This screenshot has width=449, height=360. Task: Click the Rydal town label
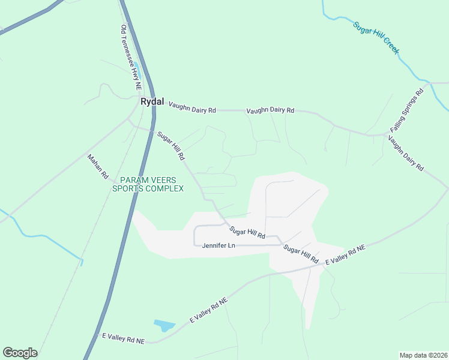coord(152,101)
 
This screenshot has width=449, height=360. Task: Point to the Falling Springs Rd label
coord(407,112)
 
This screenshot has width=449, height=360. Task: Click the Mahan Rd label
coord(97,167)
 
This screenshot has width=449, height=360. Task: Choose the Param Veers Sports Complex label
coord(148,184)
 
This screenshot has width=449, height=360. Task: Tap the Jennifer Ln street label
coord(217,245)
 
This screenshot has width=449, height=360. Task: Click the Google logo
coord(20,353)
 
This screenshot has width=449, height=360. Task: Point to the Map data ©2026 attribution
coord(423,355)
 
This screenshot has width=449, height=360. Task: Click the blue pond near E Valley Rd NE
coord(163,325)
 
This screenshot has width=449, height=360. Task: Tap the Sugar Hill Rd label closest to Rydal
coord(171,146)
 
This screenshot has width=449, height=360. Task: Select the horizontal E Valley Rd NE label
coord(123,340)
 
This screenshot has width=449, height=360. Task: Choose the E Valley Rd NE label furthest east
coord(345,256)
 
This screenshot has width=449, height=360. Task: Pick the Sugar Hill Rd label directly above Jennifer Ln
coord(247,233)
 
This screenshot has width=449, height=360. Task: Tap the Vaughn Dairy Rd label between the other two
coord(270,110)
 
